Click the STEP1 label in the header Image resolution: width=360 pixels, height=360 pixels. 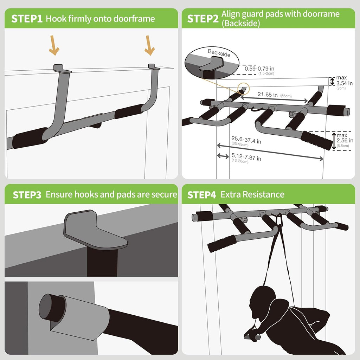point(27,19)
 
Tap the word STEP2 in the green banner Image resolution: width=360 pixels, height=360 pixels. point(203,19)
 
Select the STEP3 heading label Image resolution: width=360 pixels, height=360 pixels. point(27,195)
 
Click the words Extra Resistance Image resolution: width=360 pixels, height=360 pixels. point(252,194)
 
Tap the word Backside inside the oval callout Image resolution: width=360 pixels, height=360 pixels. point(219,53)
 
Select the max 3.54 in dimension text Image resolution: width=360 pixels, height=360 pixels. point(344,81)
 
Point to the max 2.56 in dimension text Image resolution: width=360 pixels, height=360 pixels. point(345,138)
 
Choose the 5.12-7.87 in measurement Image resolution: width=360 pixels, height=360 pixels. point(246,159)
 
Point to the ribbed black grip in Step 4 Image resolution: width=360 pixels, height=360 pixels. point(222,243)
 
